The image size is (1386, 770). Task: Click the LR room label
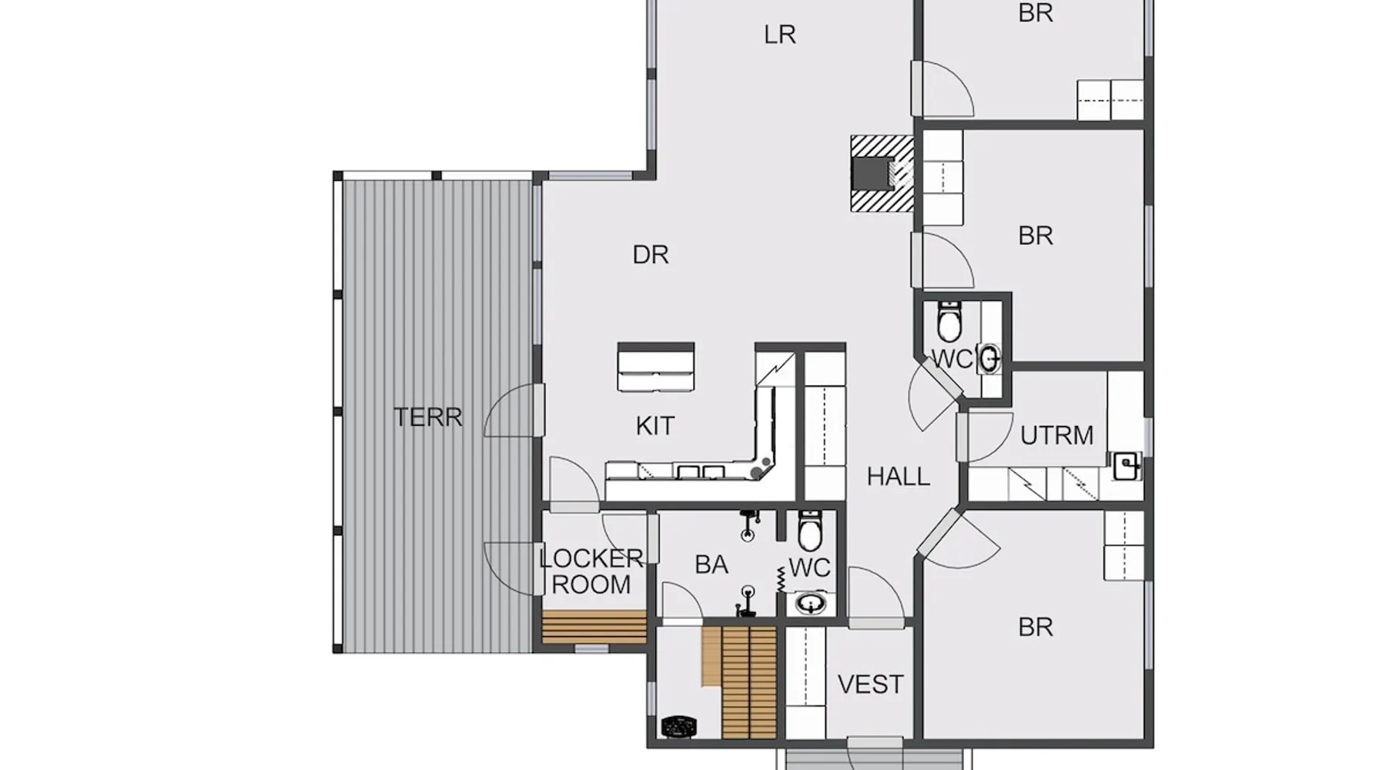(780, 35)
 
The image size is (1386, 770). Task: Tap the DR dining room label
(651, 255)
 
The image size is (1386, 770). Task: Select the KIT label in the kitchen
(655, 426)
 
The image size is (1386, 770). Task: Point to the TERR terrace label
(428, 417)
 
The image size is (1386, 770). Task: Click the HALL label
(899, 477)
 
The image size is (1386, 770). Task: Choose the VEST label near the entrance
(871, 685)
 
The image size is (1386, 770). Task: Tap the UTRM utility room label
(1056, 436)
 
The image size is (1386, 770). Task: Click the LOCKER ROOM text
(591, 571)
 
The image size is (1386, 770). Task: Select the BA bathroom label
(711, 565)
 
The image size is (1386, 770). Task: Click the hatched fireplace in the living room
(882, 174)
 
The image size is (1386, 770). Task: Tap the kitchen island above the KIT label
(656, 367)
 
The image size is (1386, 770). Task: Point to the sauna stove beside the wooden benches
(679, 726)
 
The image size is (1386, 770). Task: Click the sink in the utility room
(1127, 466)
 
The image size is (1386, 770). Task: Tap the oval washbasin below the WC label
(810, 603)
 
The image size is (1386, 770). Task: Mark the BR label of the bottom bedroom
(1035, 628)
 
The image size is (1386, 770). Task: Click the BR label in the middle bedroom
(1035, 236)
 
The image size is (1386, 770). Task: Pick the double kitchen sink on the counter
(701, 472)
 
